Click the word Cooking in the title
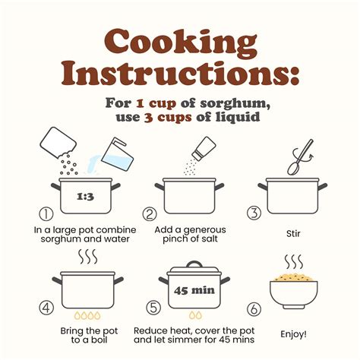pyautogui.click(x=181, y=42)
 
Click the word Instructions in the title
pyautogui.click(x=180, y=74)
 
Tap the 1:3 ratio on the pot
pyautogui.click(x=85, y=197)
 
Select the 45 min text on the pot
pyautogui.click(x=194, y=290)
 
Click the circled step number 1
pyautogui.click(x=46, y=214)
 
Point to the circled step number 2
pyautogui.click(x=150, y=214)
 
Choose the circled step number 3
pyautogui.click(x=254, y=213)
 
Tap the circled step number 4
pyautogui.click(x=46, y=308)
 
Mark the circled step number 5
pyautogui.click(x=153, y=308)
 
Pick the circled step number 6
pyautogui.click(x=254, y=309)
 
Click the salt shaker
pyautogui.click(x=204, y=148)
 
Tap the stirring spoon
pyautogui.click(x=300, y=157)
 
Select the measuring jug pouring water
pyautogui.click(x=117, y=154)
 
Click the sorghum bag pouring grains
pyautogui.click(x=58, y=143)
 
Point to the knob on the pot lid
pyautogui.click(x=194, y=264)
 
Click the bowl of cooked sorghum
pyautogui.click(x=294, y=292)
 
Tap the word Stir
pyautogui.click(x=293, y=233)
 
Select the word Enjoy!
pyautogui.click(x=293, y=334)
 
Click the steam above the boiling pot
pyautogui.click(x=88, y=257)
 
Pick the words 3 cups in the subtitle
pyautogui.click(x=168, y=118)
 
